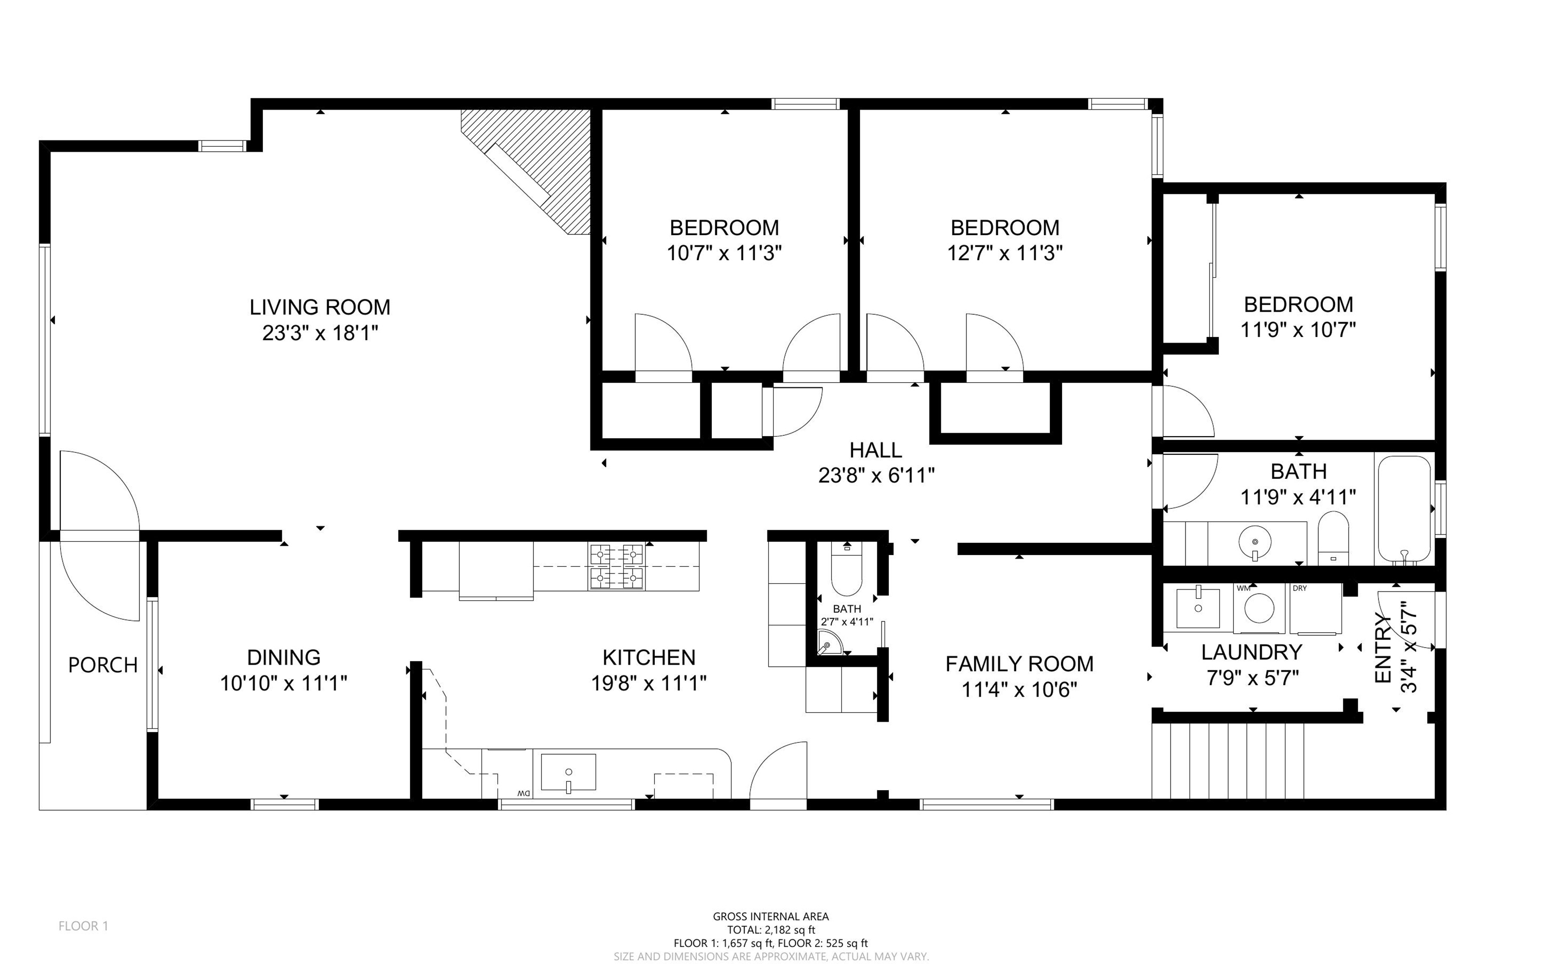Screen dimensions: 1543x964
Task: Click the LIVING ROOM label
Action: (x=320, y=307)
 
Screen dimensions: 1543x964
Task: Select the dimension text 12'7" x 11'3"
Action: (x=1005, y=254)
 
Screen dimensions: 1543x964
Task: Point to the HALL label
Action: (x=876, y=450)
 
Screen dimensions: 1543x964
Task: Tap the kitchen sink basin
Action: (x=568, y=772)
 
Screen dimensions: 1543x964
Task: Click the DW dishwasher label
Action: (x=523, y=793)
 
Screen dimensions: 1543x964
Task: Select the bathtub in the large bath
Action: (x=1404, y=509)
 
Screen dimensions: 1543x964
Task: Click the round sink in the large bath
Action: (x=1255, y=543)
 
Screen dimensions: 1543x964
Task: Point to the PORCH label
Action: (x=103, y=666)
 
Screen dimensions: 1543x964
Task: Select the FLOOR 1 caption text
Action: (x=83, y=926)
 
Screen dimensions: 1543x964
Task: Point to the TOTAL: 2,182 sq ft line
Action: (x=771, y=930)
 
